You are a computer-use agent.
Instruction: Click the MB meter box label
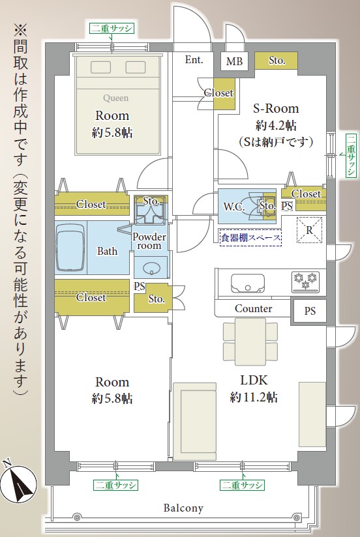(234, 61)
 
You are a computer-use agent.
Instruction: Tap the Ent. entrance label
(194, 59)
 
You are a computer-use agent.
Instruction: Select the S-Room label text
(276, 109)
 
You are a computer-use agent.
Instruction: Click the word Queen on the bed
(116, 98)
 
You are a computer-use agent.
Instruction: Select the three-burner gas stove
(305, 282)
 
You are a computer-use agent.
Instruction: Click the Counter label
(254, 308)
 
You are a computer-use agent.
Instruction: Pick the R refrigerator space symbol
(309, 230)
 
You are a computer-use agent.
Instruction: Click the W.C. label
(234, 207)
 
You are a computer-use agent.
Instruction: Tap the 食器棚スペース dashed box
(250, 237)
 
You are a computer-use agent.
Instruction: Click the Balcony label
(183, 508)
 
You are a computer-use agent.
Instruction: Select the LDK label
(254, 380)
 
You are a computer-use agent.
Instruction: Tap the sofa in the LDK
(195, 422)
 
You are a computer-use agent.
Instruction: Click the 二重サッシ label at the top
(112, 29)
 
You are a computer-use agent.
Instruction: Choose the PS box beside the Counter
(309, 311)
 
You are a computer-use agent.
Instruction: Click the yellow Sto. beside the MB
(277, 61)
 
